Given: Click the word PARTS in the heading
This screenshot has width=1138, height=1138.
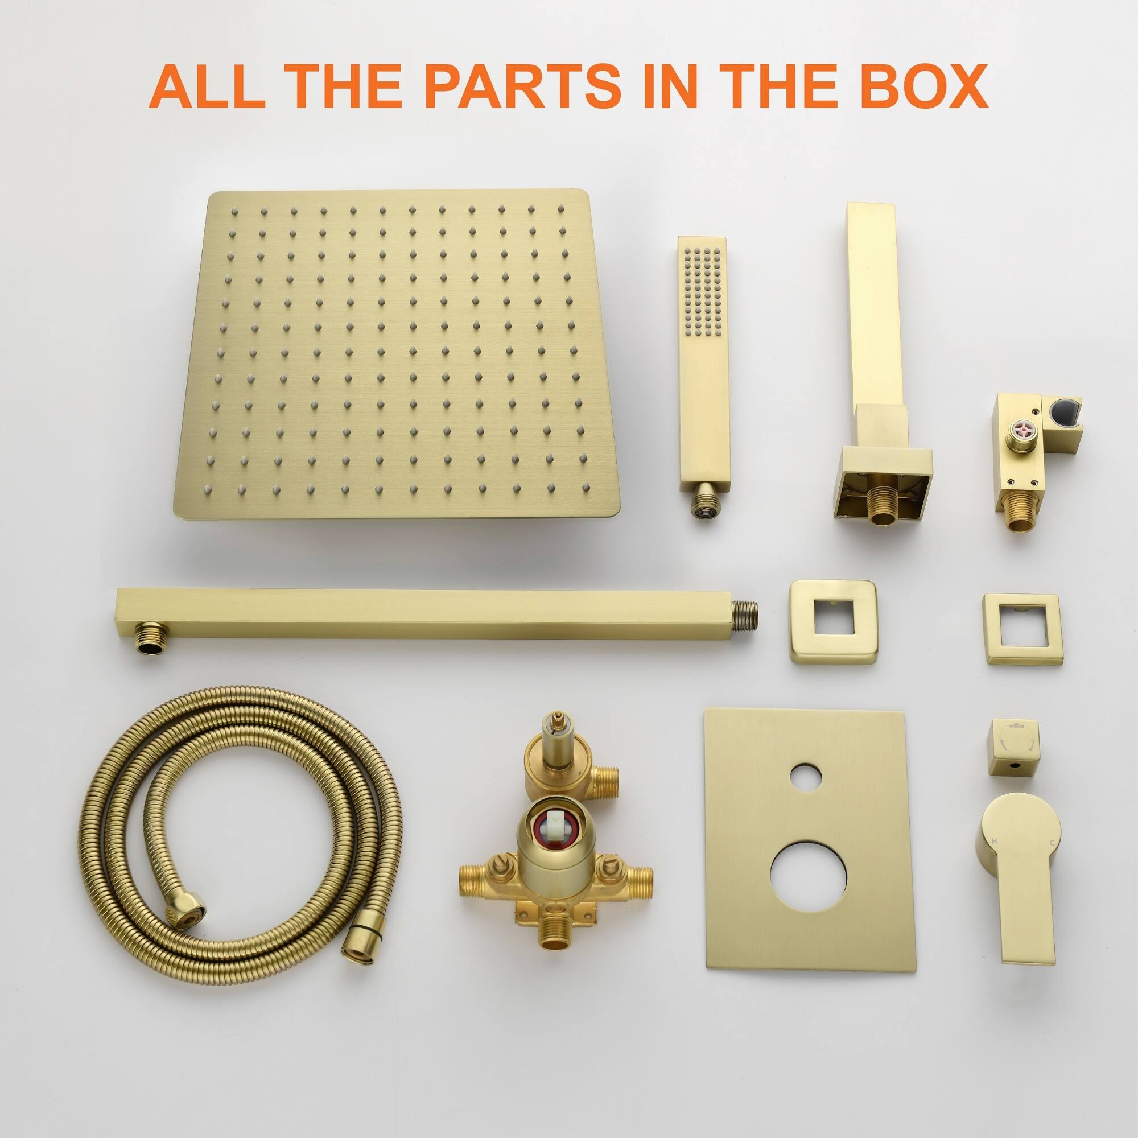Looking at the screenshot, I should pyautogui.click(x=522, y=86).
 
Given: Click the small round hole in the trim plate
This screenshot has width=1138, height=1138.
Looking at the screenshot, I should pyautogui.click(x=805, y=777).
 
